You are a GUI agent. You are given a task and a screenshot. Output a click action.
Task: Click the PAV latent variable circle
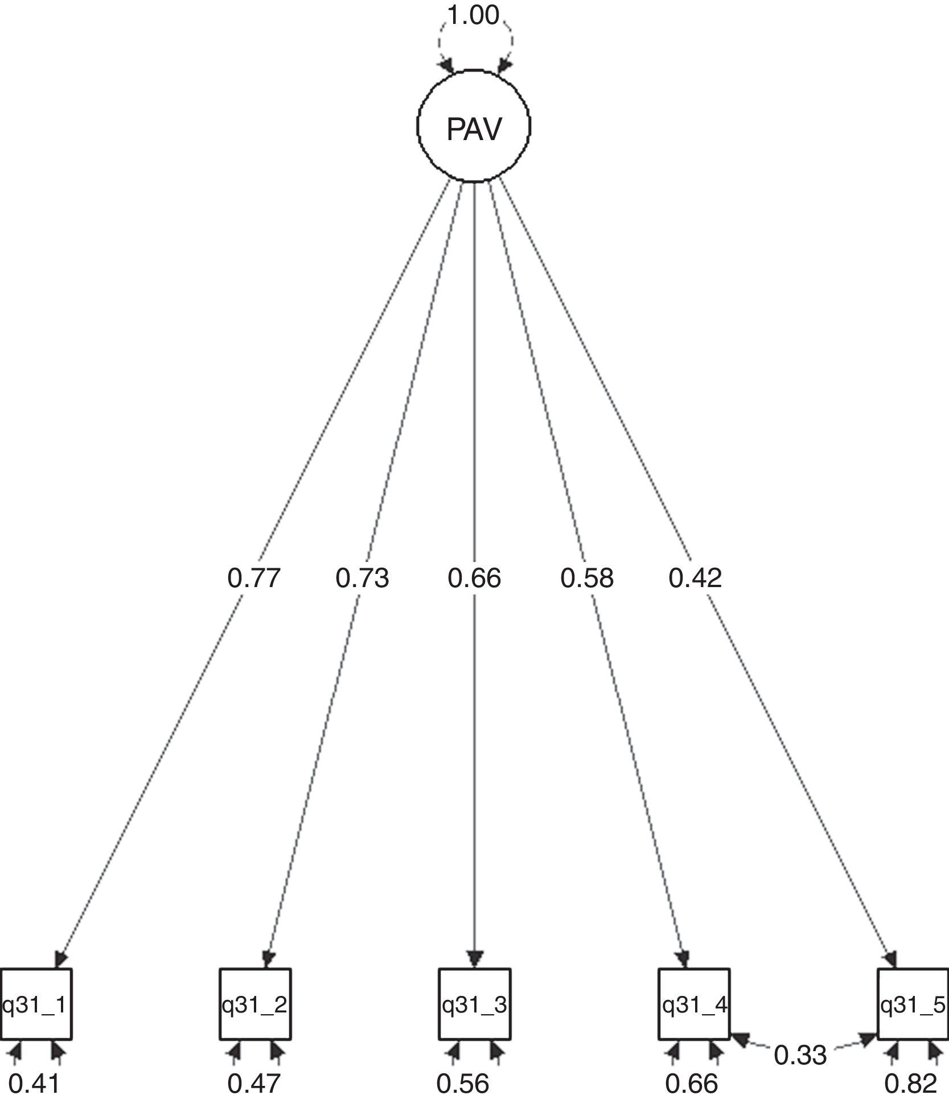(x=474, y=126)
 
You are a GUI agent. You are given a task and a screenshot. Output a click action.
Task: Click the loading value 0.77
(x=254, y=579)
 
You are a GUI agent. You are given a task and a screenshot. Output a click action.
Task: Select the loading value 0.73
(x=362, y=579)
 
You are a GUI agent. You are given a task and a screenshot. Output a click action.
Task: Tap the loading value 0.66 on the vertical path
(x=474, y=579)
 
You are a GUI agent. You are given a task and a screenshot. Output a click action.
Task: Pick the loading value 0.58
(x=587, y=579)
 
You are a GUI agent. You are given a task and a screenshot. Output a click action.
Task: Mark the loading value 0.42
(x=695, y=579)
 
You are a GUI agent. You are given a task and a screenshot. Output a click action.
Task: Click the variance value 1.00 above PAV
(x=473, y=16)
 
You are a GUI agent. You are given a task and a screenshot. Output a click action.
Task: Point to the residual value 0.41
(x=34, y=1084)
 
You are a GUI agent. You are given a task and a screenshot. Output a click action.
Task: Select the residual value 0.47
(x=254, y=1084)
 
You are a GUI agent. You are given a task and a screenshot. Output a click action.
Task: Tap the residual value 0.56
(x=463, y=1084)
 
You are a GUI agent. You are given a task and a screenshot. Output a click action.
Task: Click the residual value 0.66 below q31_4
(x=691, y=1084)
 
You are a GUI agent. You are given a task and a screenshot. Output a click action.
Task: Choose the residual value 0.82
(x=911, y=1084)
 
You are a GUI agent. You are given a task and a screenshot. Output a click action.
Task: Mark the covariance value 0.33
(x=800, y=1055)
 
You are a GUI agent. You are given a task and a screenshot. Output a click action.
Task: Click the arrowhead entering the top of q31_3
(x=474, y=958)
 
